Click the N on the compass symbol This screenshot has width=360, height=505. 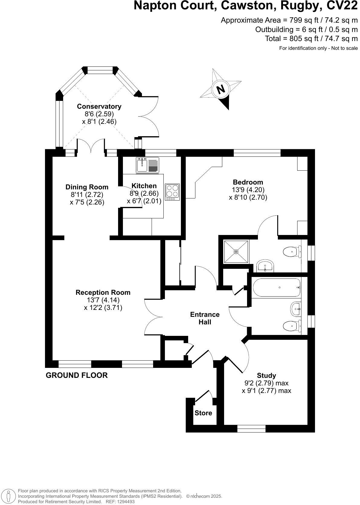(221, 89)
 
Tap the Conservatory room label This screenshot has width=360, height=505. (99, 106)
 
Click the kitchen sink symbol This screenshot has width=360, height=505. (142, 165)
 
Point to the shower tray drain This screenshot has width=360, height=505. (236, 251)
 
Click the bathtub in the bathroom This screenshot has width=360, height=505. (276, 288)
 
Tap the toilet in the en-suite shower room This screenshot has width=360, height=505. (291, 251)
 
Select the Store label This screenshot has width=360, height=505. (203, 413)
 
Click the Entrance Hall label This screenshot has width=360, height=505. (205, 318)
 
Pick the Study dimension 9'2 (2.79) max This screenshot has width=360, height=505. (266, 383)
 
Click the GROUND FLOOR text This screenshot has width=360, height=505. (77, 375)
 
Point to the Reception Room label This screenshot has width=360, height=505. (103, 292)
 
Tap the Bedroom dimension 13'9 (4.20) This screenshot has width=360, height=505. (248, 190)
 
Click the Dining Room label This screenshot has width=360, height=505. (87, 187)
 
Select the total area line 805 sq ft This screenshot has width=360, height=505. (311, 39)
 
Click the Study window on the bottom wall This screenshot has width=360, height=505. (251, 428)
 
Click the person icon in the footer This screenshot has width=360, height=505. (9, 496)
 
